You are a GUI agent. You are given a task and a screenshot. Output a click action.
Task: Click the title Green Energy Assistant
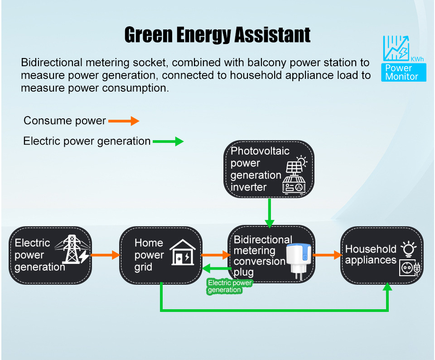217,35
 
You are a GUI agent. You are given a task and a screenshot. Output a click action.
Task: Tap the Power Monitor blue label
404,73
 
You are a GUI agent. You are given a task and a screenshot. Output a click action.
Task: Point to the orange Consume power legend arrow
123,121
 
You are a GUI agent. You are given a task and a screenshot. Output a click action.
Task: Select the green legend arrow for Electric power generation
168,141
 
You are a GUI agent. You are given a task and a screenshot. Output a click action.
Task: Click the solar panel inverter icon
294,176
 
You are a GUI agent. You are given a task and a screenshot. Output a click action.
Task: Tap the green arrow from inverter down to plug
270,213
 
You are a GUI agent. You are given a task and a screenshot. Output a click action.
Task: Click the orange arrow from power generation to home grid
105,255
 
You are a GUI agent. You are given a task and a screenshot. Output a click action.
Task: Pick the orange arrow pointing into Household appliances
327,255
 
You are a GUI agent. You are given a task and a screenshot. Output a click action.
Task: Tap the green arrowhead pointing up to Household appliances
388,288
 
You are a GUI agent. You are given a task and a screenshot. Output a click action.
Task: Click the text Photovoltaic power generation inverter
256,169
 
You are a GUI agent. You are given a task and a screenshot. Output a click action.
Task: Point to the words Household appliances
371,254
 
